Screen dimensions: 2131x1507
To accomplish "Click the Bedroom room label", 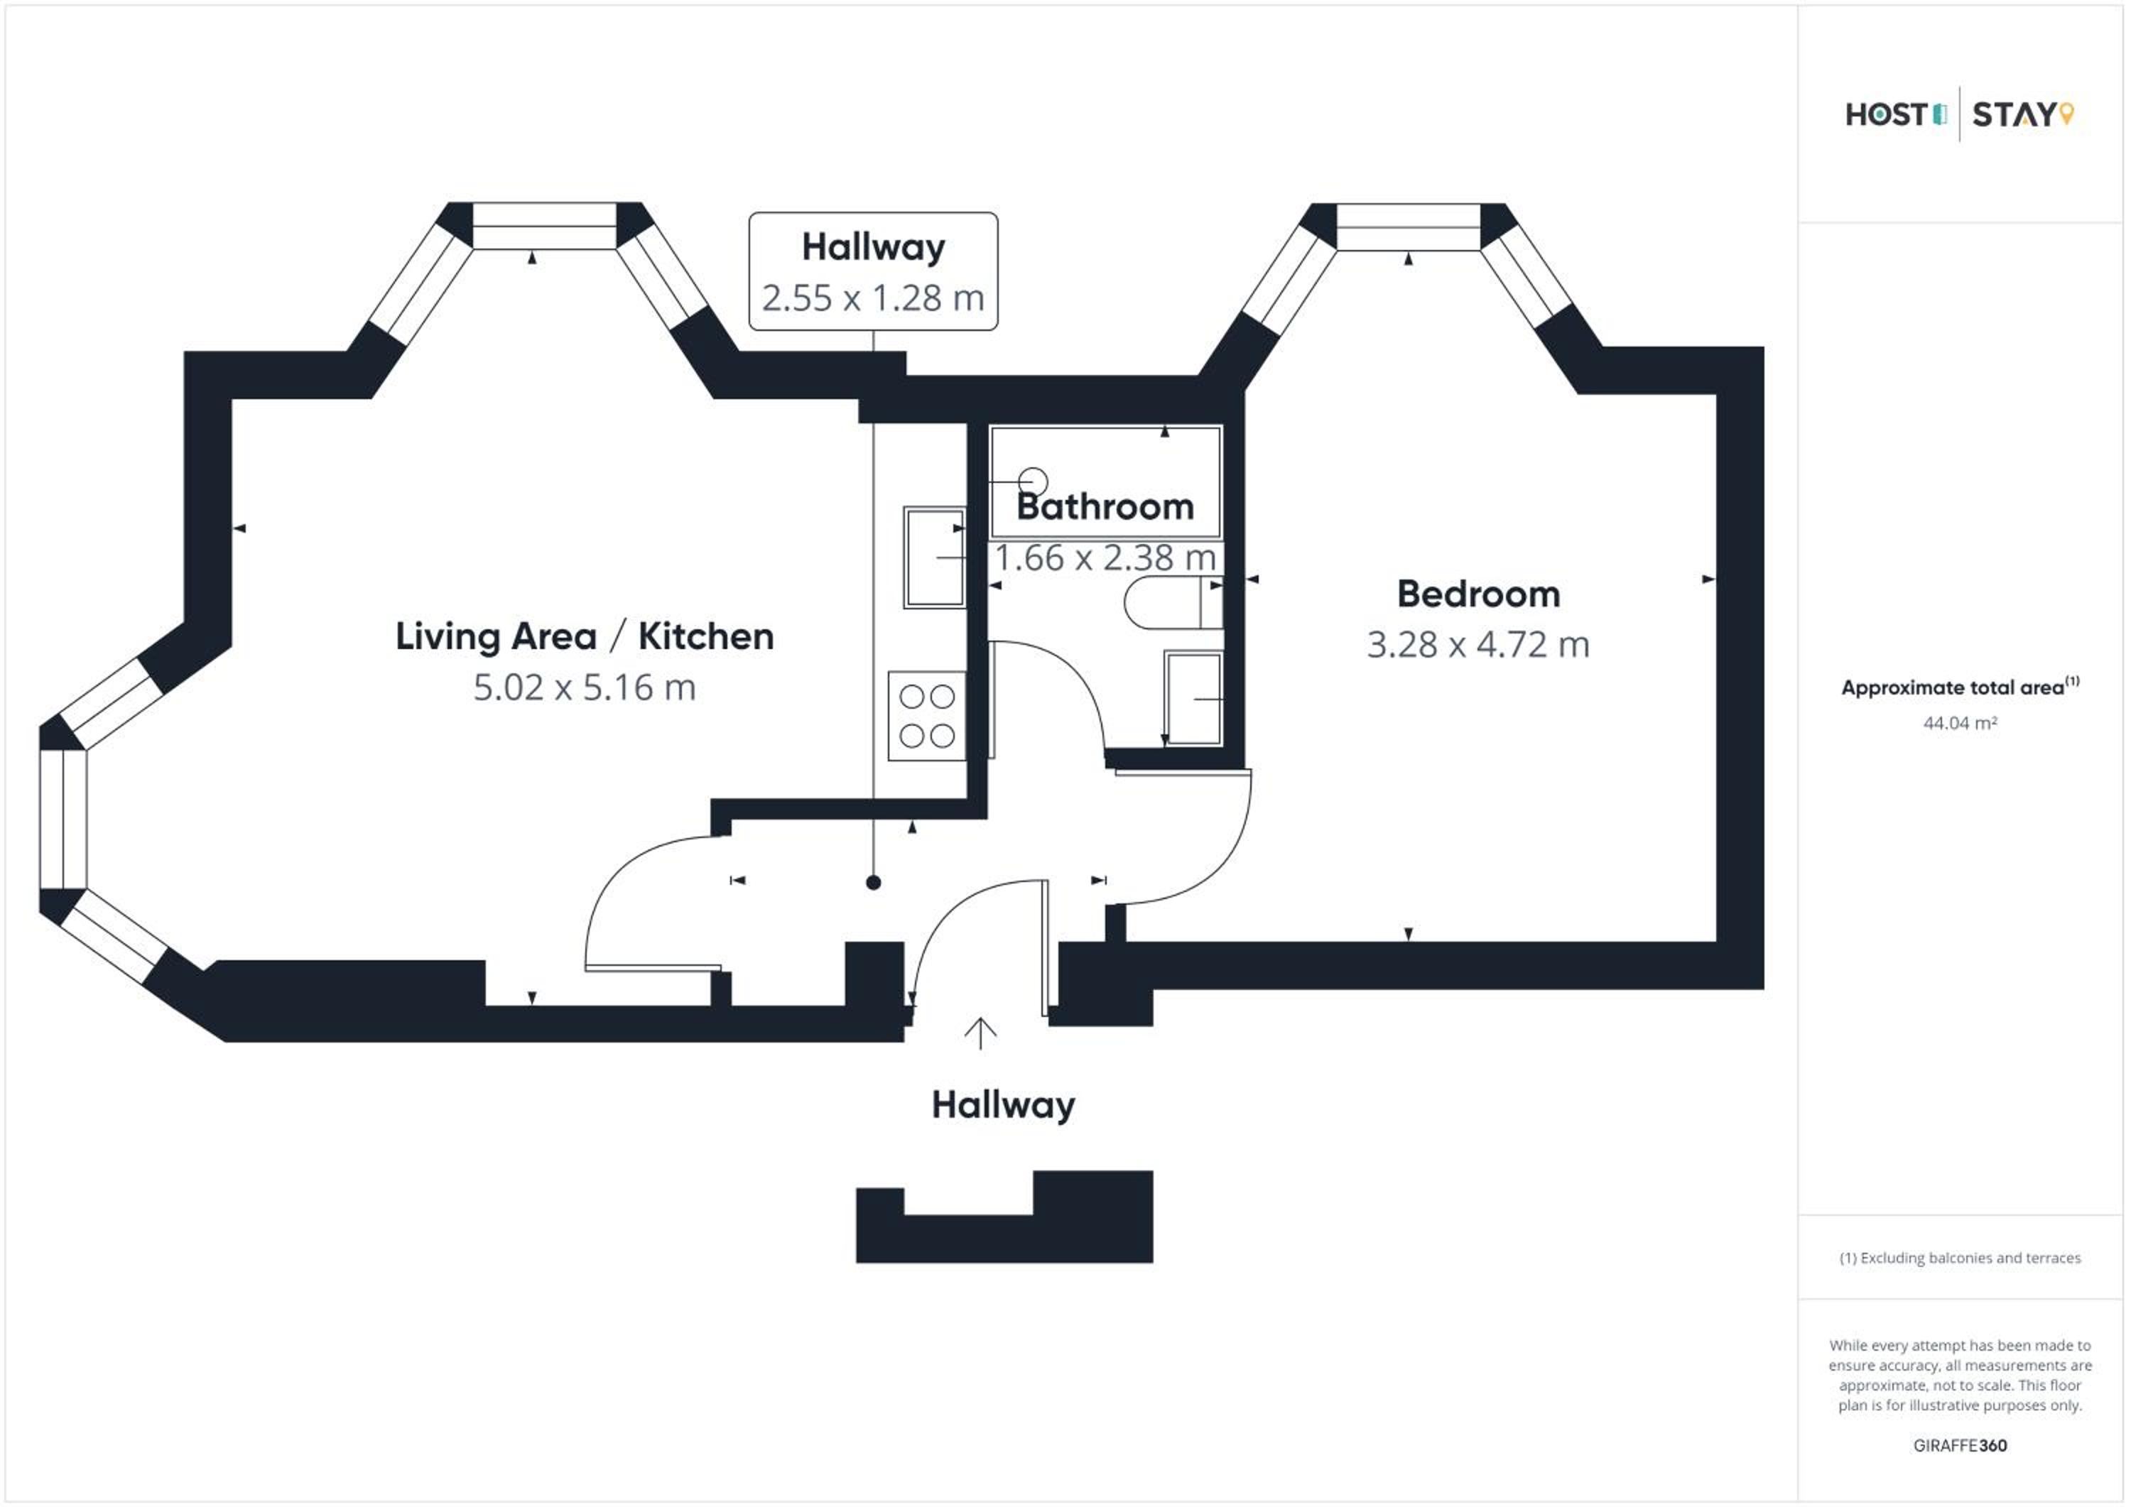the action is [x=1478, y=594].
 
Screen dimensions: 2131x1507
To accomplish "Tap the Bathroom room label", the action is [x=1105, y=506].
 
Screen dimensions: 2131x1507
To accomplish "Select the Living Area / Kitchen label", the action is [x=585, y=636].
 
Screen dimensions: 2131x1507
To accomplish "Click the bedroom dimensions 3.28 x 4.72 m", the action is [x=1478, y=645].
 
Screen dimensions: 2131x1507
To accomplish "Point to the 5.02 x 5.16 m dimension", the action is [x=585, y=687].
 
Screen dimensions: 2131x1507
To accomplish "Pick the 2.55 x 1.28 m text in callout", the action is [x=874, y=298].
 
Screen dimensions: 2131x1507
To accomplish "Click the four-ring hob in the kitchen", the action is [x=927, y=717].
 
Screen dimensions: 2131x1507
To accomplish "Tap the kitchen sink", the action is [x=935, y=557].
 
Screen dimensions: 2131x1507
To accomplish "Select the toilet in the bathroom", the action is [x=1173, y=603].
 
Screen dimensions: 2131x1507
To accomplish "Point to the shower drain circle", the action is [x=1033, y=482].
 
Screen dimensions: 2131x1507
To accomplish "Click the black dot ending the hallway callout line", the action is [x=874, y=883].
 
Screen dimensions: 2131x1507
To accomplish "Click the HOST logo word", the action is [x=1887, y=115].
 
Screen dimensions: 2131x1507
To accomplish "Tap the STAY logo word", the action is [x=2013, y=115].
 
